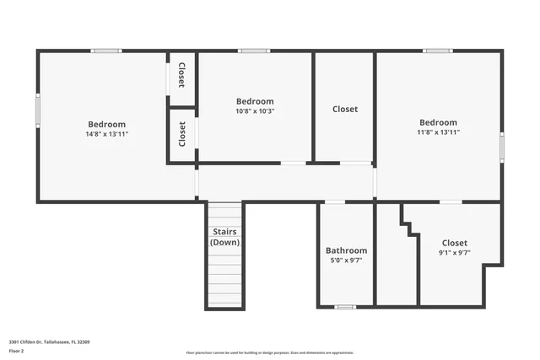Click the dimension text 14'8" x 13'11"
[x=106, y=133]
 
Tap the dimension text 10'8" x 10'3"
[x=255, y=110]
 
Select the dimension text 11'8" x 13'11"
[x=438, y=132]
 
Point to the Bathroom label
[x=346, y=250]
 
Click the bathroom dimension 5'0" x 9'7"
[x=346, y=261]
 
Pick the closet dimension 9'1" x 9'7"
[x=454, y=252]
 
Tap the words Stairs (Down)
[x=224, y=237]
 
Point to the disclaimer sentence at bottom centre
[x=269, y=352]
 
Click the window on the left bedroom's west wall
[x=37, y=110]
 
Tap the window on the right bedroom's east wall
[x=501, y=147]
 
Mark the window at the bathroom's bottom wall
[x=345, y=306]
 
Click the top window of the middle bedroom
[x=254, y=51]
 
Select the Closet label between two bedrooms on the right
[x=344, y=109]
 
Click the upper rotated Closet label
[x=181, y=76]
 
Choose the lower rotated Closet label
[x=181, y=134]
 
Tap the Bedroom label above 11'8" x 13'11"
[x=438, y=122]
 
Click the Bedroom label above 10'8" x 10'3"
[x=255, y=101]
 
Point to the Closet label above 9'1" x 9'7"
[x=454, y=243]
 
